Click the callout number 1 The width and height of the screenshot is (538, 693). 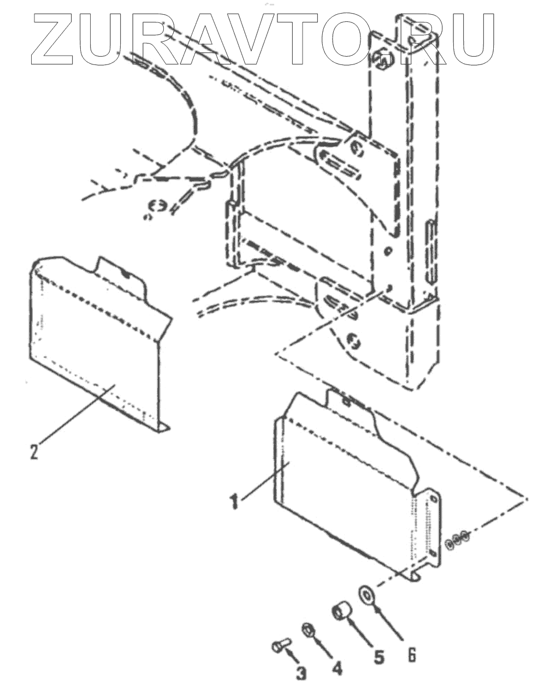tap(234, 500)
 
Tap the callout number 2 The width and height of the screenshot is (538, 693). tap(34, 451)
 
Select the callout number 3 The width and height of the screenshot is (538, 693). tap(301, 673)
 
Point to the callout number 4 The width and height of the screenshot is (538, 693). tap(337, 667)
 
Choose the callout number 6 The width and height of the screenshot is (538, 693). tap(412, 653)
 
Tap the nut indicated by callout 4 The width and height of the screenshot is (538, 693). tap(307, 630)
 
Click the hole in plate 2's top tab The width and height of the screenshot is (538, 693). tap(126, 274)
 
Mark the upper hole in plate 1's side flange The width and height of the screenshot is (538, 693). tap(433, 500)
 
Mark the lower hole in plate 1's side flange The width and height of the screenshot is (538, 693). tap(433, 553)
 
